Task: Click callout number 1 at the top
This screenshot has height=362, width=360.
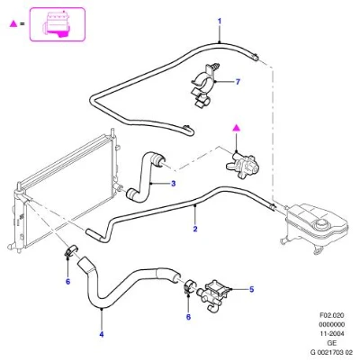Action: tap(220, 21)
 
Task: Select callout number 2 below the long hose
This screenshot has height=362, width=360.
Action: tap(195, 229)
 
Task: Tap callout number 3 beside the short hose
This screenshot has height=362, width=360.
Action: tap(173, 183)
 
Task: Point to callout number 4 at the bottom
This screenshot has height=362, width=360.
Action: tap(102, 334)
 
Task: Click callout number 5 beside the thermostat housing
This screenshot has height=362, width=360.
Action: tap(252, 289)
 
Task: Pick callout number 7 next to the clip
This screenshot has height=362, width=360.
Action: tap(238, 82)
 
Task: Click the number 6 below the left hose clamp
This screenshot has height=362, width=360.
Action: tap(67, 281)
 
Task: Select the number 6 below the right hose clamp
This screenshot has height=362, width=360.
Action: tap(188, 317)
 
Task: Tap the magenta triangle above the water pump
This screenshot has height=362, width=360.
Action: tap(237, 129)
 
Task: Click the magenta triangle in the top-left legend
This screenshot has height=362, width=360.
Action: tap(13, 24)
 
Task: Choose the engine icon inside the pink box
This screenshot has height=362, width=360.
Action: tap(57, 24)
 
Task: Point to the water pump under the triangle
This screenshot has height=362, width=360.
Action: tap(242, 164)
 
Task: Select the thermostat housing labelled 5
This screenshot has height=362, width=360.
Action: tap(214, 295)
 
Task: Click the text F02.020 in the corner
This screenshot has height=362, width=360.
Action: tap(331, 315)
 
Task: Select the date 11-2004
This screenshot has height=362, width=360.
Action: tap(331, 333)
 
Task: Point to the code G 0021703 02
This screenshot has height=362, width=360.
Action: tap(331, 352)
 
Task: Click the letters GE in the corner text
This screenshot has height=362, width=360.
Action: tap(332, 343)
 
